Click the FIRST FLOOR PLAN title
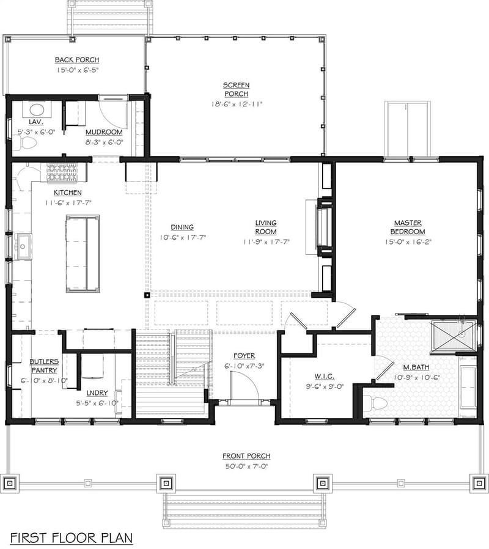coord(71,537)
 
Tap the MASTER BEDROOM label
coord(409,227)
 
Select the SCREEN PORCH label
coord(235,89)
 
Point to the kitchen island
coord(83,252)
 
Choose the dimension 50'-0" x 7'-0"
coord(246,466)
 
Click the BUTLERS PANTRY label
coord(44,366)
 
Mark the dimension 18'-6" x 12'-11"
coord(235,104)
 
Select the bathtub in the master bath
coord(468,388)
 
